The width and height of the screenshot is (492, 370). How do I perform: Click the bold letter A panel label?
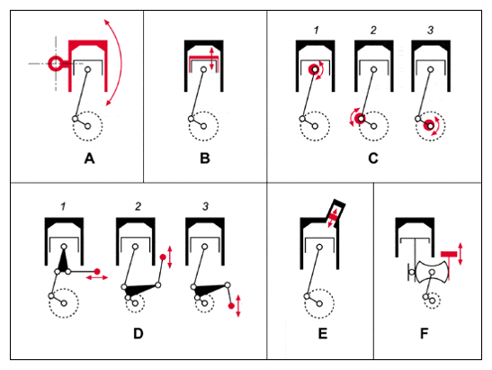(89, 158)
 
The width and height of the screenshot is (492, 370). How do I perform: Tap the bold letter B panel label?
(205, 158)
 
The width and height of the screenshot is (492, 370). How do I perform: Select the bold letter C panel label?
(373, 158)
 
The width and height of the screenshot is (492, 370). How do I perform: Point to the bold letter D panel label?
(139, 334)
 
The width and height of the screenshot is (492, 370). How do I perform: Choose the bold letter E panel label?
(323, 334)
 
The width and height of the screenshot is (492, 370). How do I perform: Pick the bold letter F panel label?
(424, 334)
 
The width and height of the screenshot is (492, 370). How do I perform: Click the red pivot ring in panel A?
(55, 64)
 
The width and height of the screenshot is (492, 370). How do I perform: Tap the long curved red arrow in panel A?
(121, 63)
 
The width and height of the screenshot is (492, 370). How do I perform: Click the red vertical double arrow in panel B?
(211, 59)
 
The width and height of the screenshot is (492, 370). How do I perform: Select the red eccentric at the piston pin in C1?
(315, 69)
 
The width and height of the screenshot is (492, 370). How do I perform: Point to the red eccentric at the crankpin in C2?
(361, 119)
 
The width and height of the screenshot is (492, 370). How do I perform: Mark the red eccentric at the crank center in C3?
(430, 126)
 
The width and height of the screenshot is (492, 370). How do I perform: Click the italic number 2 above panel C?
(373, 30)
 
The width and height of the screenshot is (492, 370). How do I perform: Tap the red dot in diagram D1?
(97, 271)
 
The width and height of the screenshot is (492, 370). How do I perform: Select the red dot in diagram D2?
(163, 257)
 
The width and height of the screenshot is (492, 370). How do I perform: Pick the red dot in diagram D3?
(231, 306)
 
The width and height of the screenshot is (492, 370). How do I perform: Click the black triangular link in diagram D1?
(64, 261)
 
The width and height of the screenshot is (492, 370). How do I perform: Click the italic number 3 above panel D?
(205, 206)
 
